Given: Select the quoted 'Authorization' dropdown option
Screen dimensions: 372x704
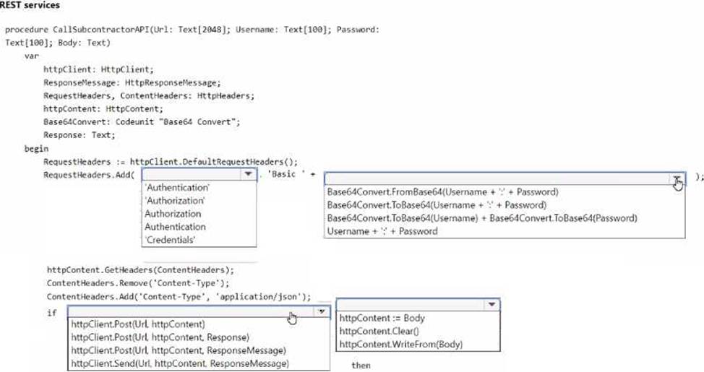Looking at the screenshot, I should [x=175, y=201].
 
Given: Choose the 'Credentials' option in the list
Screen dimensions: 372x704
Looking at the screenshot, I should [x=171, y=240].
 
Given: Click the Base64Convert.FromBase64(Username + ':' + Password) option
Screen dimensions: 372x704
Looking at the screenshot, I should [x=442, y=192].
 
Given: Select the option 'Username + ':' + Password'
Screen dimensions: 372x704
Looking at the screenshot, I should [x=382, y=231].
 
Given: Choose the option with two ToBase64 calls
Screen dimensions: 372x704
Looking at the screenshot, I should [x=481, y=218].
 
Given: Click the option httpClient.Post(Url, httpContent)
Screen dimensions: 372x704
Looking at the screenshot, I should [x=138, y=324].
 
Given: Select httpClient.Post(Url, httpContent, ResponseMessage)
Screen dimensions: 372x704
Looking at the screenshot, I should [x=179, y=350].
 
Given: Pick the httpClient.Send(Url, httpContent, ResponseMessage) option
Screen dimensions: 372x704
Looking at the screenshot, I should [x=180, y=363].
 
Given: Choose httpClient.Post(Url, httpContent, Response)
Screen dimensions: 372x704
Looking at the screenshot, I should [x=160, y=337].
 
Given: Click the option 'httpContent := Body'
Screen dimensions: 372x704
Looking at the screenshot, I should [x=382, y=318].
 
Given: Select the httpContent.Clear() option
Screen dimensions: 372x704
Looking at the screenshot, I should [x=373, y=331].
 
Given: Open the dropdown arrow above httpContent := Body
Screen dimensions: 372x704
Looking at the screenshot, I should [x=491, y=305].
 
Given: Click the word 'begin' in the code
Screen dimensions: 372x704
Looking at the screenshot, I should [x=36, y=148].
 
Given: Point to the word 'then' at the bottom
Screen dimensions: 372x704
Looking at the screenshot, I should [x=361, y=365].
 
